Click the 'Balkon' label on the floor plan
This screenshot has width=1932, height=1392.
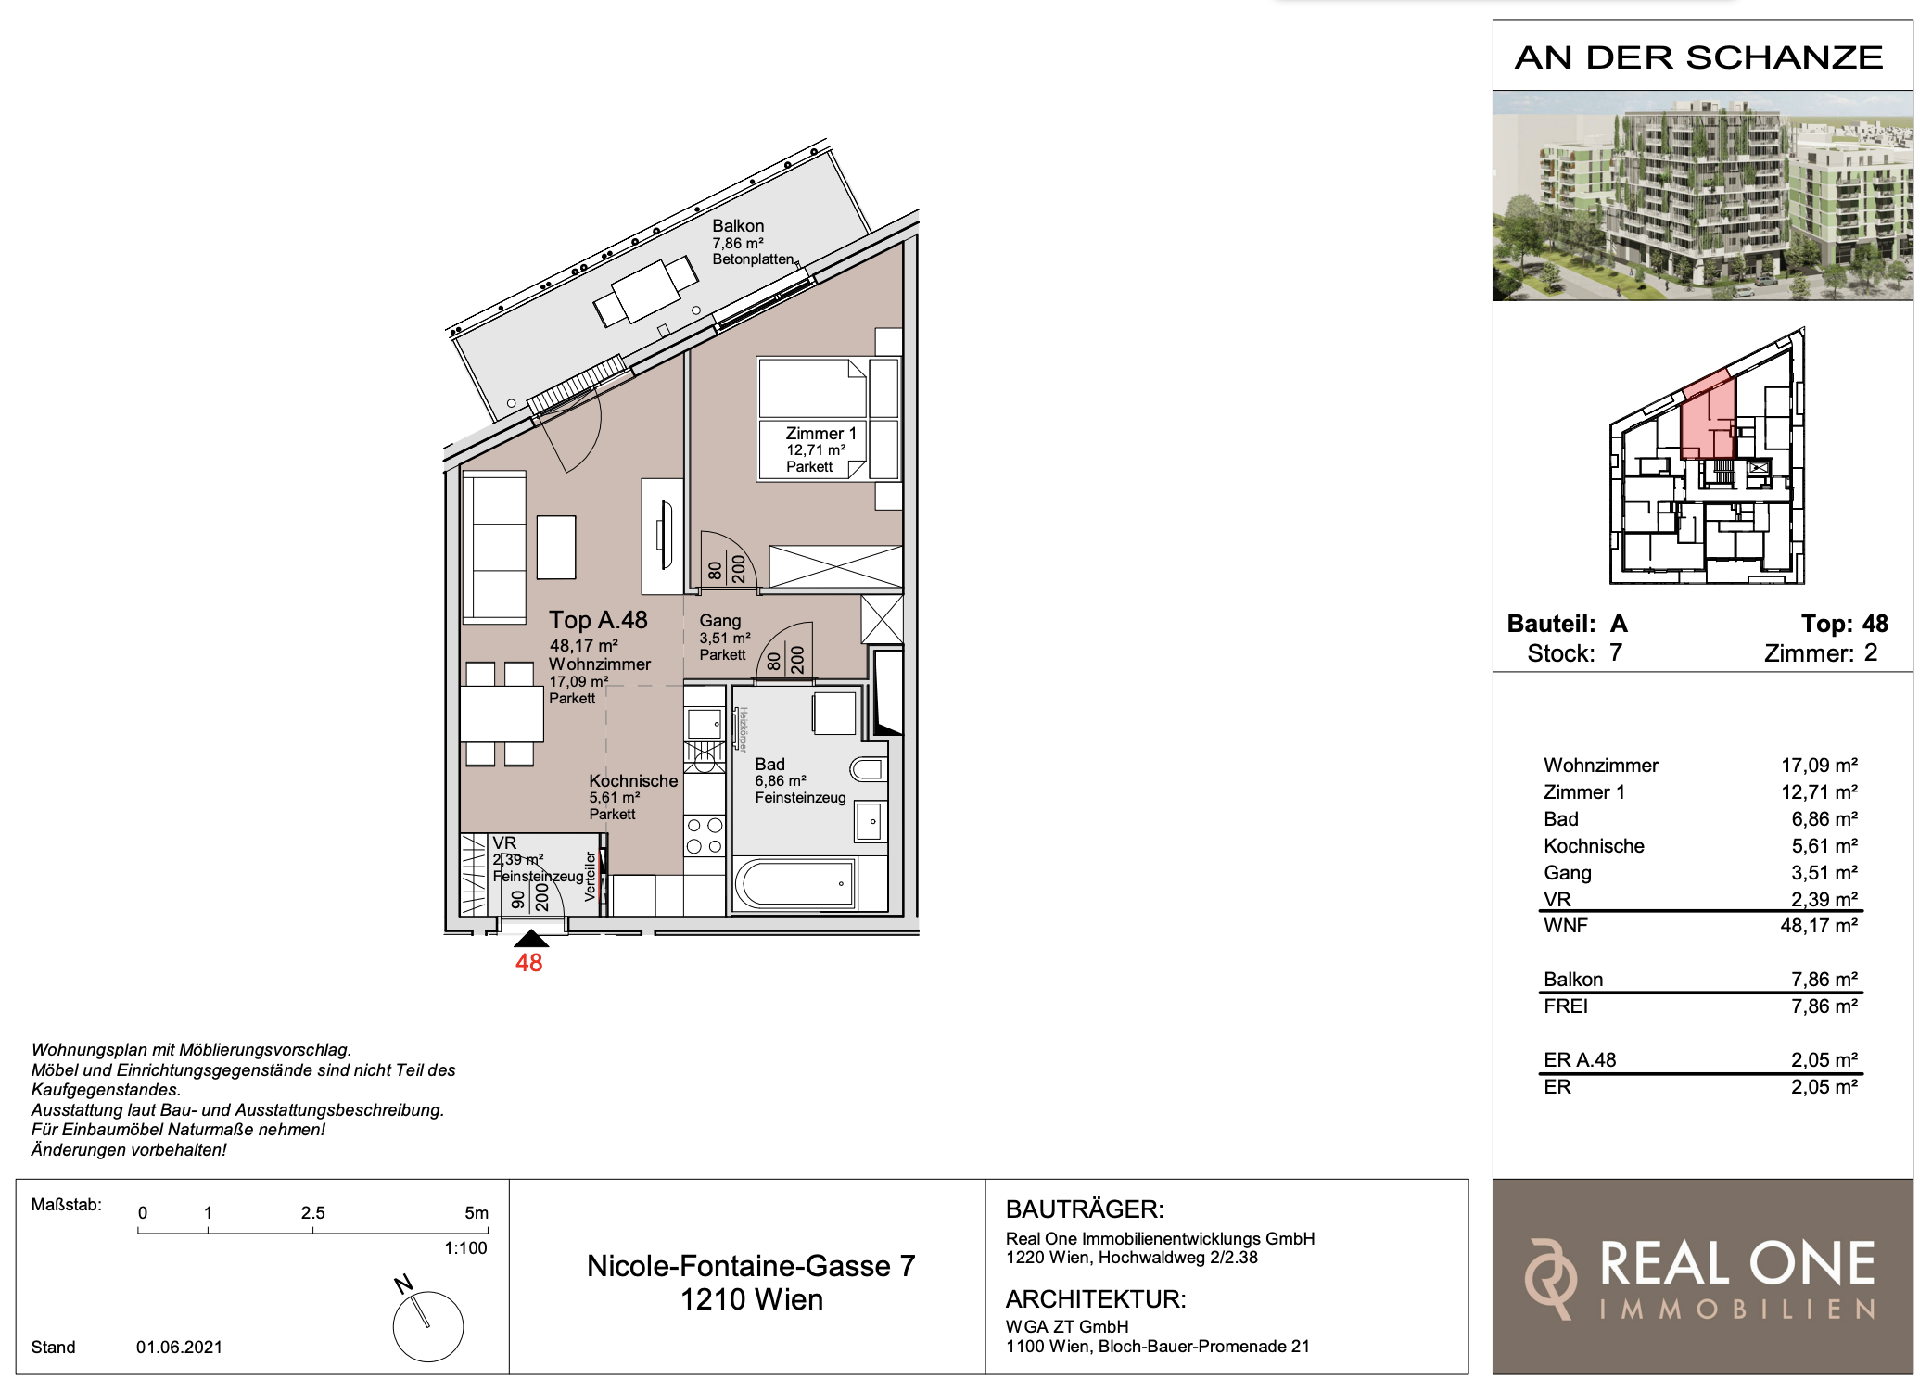[738, 226]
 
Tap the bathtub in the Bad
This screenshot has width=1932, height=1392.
[794, 883]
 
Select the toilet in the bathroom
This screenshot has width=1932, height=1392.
[869, 769]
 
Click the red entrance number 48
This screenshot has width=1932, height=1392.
[529, 963]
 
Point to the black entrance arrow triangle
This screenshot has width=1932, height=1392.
[531, 938]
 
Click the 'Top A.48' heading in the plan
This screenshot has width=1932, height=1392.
[598, 620]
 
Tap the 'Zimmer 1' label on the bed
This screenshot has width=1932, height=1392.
[821, 434]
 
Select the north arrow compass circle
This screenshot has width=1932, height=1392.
[428, 1326]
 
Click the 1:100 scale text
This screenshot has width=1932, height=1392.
[465, 1248]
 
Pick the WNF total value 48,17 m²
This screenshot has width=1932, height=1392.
[1819, 926]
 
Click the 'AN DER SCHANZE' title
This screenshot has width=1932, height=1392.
[1698, 57]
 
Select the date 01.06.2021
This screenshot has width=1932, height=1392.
[179, 1347]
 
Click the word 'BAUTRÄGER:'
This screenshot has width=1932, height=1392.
[1085, 1209]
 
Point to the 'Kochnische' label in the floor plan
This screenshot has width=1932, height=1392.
[633, 781]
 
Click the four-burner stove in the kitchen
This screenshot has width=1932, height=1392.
[705, 835]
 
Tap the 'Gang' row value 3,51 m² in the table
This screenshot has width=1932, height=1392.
[1824, 873]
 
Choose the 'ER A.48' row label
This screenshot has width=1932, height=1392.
[1580, 1060]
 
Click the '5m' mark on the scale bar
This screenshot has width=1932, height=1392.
[477, 1213]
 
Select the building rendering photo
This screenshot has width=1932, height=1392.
[1702, 196]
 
